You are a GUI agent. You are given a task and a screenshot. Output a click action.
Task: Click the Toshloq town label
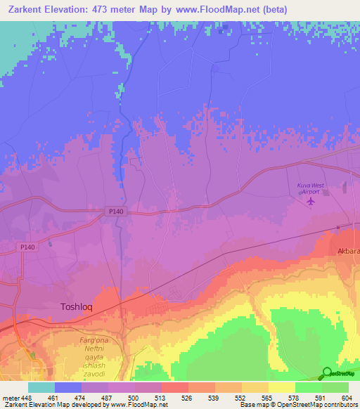tap(77, 307)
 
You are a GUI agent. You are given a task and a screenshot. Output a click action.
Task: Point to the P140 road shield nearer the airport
tap(116, 211)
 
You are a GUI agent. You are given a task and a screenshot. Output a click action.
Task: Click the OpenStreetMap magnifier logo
tap(327, 373)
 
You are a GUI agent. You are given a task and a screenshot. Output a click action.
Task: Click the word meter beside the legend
tap(10, 397)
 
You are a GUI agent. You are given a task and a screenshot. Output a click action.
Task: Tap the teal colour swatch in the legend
tap(41, 387)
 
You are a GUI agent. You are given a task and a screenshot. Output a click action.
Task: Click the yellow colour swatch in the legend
tap(282, 387)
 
